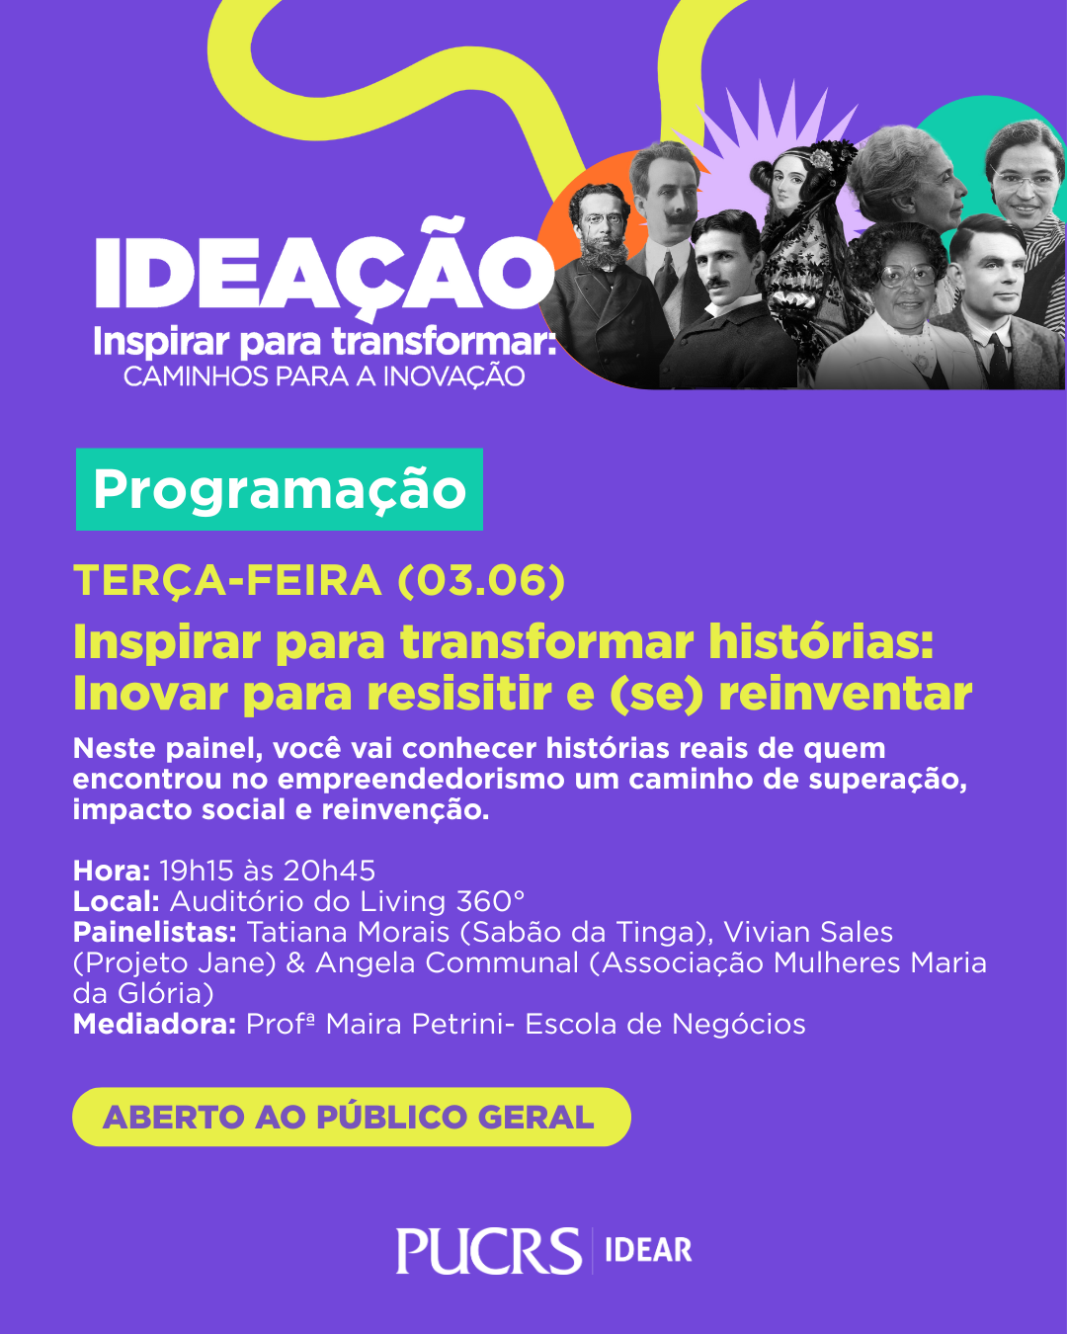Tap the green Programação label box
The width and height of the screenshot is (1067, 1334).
tap(279, 489)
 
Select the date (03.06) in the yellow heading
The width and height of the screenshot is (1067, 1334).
tap(481, 581)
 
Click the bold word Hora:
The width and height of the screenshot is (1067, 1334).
tap(112, 871)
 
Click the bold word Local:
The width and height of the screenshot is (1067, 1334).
tap(117, 902)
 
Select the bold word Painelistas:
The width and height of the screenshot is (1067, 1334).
tap(155, 932)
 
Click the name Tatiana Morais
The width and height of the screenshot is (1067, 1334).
tap(348, 932)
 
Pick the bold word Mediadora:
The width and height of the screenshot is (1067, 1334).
tap(154, 1024)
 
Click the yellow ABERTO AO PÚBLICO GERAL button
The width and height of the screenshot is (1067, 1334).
tap(352, 1117)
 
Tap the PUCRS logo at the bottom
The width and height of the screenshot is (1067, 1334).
tap(489, 1250)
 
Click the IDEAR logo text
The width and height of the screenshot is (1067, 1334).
tap(648, 1250)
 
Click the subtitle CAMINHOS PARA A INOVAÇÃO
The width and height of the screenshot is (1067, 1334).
tap(324, 376)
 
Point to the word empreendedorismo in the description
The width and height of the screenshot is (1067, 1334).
tap(421, 780)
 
